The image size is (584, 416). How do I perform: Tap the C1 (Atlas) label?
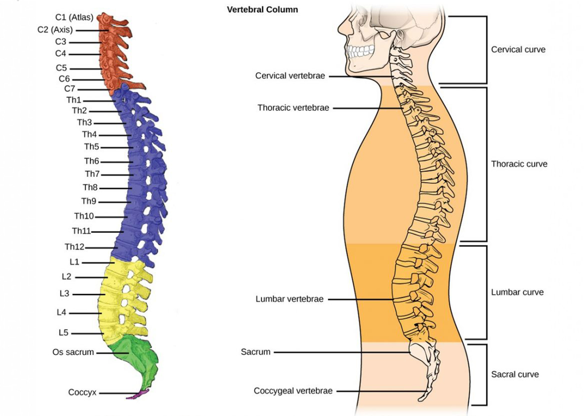pyautogui.click(x=74, y=17)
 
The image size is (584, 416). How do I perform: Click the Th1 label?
pyautogui.click(x=74, y=100)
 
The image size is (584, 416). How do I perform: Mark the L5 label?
pyautogui.click(x=63, y=333)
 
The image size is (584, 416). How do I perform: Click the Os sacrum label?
pyautogui.click(x=73, y=352)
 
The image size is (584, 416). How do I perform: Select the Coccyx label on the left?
pyautogui.click(x=82, y=392)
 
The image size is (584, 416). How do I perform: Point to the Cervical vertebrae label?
pyautogui.click(x=290, y=76)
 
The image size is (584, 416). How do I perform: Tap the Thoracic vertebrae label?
pyautogui.click(x=293, y=108)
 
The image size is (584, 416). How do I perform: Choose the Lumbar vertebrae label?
pyautogui.click(x=289, y=299)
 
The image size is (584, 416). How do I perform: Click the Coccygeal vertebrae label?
pyautogui.click(x=293, y=391)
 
